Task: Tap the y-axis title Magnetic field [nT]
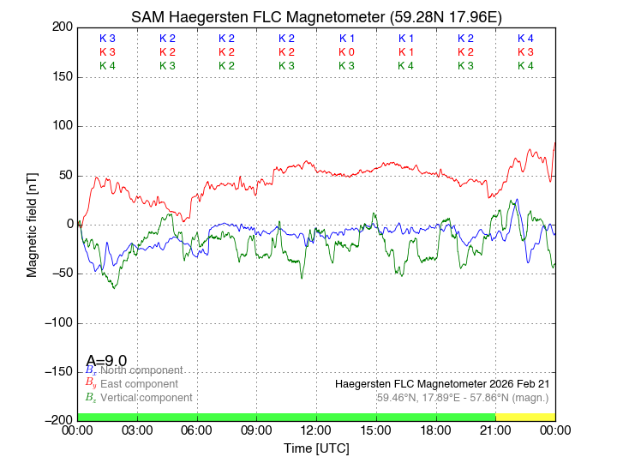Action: coord(32,223)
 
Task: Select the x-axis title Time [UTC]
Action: coord(316,448)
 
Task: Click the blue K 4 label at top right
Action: coord(525,39)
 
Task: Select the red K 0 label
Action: coord(346,52)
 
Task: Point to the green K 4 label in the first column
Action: coord(107,66)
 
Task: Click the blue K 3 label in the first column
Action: coord(107,39)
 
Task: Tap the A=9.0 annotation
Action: coord(106,361)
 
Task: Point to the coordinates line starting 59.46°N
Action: coord(463,398)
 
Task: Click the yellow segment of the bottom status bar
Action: coord(525,417)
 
